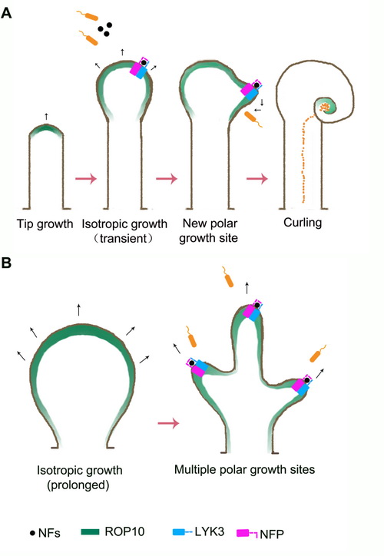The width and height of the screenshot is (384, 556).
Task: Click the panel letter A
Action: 7,13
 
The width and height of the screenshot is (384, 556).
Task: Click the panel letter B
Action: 6,263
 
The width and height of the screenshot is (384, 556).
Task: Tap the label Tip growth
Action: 45,224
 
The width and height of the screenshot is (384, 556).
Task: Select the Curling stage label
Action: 303,223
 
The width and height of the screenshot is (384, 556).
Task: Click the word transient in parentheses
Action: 124,238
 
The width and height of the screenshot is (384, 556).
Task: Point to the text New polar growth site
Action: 209,230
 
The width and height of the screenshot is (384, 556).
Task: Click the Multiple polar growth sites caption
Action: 245,470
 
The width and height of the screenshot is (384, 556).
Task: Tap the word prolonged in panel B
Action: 78,485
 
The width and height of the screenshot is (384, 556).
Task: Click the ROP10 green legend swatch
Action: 91,531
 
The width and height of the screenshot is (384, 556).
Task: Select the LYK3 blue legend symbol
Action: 182,532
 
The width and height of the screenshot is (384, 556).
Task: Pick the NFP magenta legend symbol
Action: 247,533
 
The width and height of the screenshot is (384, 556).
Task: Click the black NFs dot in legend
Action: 32,533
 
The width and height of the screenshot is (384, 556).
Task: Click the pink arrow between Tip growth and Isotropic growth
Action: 86,178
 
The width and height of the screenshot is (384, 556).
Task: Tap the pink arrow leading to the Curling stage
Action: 257,178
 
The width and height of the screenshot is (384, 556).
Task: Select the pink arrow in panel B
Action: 168,423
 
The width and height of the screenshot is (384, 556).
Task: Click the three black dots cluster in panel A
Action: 105,29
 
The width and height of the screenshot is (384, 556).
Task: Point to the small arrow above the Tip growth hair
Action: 46,116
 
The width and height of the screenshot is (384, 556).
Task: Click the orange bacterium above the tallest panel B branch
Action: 227,276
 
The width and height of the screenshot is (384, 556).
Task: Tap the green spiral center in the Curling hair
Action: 325,107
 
